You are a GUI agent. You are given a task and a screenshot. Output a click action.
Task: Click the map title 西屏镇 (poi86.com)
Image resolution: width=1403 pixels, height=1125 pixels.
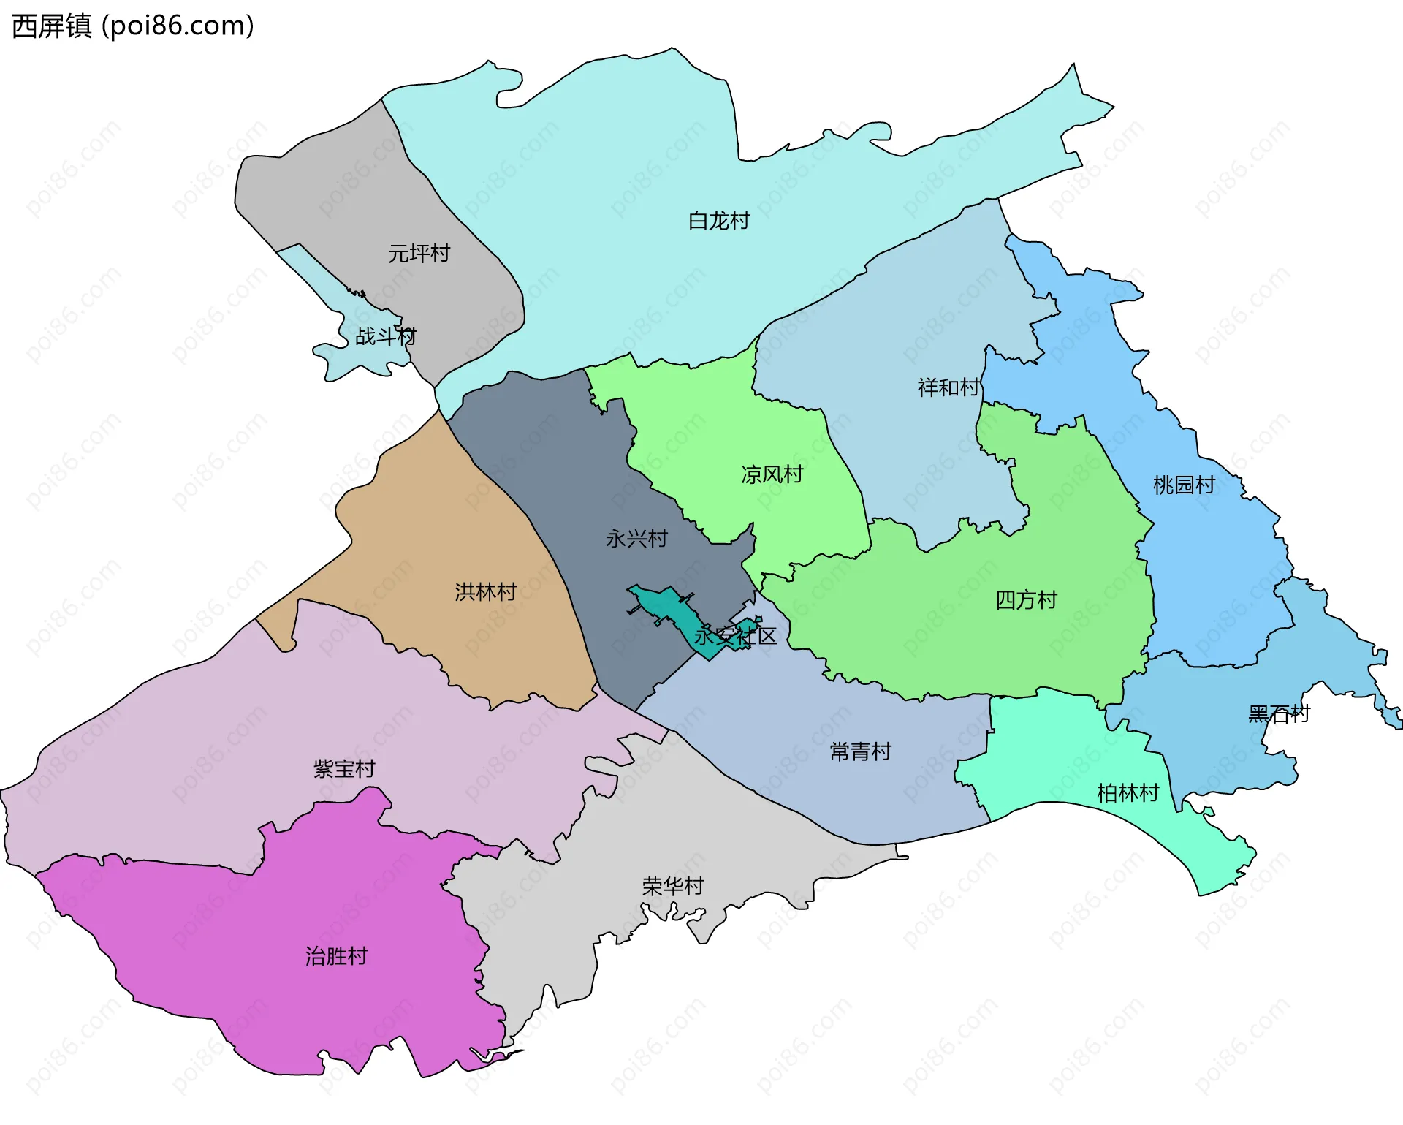click(133, 26)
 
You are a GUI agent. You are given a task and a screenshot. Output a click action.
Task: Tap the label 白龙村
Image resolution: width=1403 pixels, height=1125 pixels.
click(719, 221)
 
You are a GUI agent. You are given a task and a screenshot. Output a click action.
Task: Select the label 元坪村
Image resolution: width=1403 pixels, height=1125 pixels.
click(419, 254)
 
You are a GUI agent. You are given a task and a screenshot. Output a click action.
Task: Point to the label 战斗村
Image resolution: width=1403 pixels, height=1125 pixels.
click(386, 336)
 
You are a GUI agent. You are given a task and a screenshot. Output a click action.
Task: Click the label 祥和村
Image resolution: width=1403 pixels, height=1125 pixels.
click(948, 387)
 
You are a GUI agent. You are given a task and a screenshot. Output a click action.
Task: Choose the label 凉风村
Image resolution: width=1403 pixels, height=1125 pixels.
click(772, 474)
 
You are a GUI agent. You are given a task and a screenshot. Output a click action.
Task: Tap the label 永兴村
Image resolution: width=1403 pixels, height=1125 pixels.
click(636, 539)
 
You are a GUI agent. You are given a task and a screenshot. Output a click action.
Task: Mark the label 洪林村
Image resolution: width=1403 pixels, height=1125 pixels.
click(485, 591)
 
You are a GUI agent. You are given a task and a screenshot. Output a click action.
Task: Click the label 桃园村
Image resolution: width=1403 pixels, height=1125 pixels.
click(1184, 485)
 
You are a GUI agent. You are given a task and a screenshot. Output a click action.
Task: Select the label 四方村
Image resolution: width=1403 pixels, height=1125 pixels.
click(1026, 600)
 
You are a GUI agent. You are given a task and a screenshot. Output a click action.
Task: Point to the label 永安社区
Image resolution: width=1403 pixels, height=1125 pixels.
click(734, 635)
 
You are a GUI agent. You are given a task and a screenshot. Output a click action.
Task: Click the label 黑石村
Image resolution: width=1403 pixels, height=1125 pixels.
click(1279, 713)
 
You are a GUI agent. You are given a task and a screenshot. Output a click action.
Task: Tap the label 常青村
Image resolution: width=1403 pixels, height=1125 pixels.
click(860, 751)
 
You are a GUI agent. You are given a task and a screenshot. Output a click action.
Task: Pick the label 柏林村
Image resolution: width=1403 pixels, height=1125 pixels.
click(1128, 792)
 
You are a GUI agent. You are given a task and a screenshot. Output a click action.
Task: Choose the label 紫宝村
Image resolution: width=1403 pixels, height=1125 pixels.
click(343, 768)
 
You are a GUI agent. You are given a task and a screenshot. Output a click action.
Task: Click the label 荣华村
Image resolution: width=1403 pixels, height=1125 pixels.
click(672, 886)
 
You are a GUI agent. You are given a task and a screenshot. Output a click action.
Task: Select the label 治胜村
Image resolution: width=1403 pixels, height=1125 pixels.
click(336, 955)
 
